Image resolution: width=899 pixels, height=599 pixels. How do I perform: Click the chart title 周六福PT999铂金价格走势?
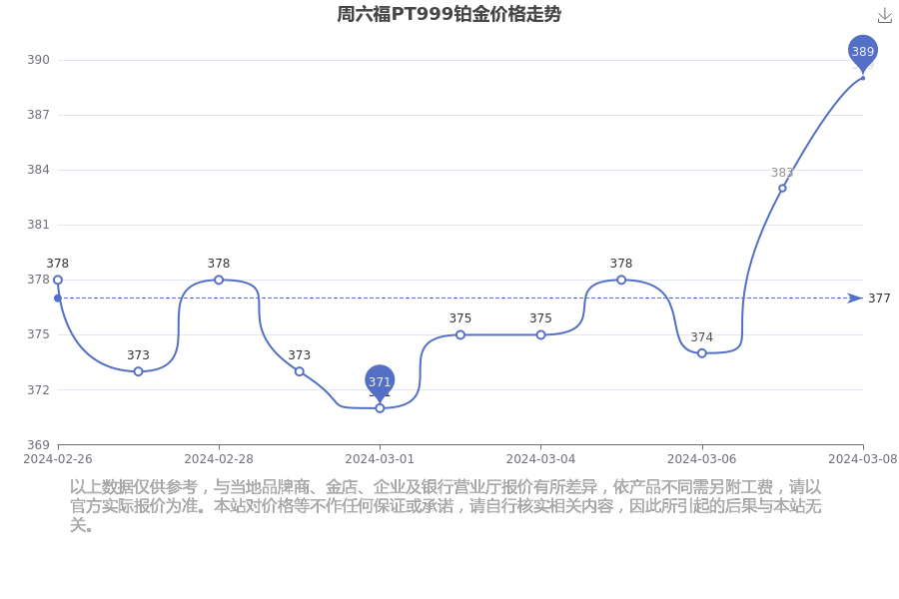(449, 14)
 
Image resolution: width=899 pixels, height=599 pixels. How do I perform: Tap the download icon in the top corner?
(885, 16)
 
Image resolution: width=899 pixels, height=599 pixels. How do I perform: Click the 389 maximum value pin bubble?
(863, 52)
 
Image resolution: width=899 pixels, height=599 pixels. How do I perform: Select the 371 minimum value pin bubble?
(380, 381)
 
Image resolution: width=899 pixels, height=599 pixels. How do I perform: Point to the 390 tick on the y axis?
(38, 60)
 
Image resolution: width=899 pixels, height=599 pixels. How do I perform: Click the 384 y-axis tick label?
(38, 170)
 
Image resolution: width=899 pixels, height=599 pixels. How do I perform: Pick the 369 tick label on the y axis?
(38, 445)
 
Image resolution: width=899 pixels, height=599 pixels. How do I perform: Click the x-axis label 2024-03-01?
(380, 459)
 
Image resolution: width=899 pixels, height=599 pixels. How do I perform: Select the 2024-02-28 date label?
(219, 459)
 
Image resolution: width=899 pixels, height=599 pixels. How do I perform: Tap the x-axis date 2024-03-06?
(702, 459)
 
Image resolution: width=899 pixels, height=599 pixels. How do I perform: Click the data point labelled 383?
(782, 188)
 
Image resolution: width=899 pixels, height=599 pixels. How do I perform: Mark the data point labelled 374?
(702, 353)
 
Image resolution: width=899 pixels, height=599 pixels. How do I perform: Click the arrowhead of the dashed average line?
(855, 299)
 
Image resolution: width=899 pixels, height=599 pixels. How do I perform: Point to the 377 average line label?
(879, 299)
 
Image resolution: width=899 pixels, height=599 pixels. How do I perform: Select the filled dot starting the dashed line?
(57, 299)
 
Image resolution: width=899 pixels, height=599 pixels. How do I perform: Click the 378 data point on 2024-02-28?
(219, 280)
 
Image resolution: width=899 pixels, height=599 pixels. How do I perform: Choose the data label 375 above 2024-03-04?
(540, 318)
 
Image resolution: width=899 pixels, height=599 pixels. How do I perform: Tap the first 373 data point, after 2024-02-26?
(138, 371)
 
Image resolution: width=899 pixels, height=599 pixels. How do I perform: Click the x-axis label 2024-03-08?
(863, 459)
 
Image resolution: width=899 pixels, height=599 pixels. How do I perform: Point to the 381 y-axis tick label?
(38, 225)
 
